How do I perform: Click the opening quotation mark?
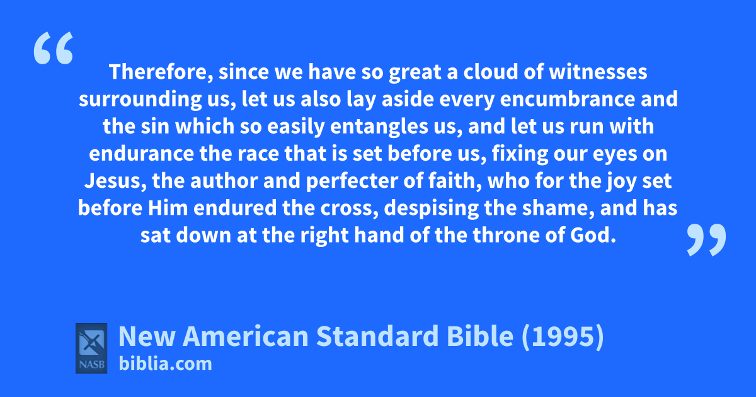(x=54, y=48)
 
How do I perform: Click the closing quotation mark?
(x=706, y=239)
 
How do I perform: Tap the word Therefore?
(x=161, y=72)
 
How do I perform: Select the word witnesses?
(x=598, y=72)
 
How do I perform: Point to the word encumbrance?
(x=567, y=99)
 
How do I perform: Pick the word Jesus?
(x=115, y=181)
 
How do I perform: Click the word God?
(x=593, y=235)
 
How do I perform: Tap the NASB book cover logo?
(x=91, y=348)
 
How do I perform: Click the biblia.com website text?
(x=165, y=364)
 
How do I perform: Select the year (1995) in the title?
(x=563, y=337)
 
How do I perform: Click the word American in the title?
(x=245, y=337)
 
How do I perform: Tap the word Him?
(x=168, y=208)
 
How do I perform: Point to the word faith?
(x=455, y=181)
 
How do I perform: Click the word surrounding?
(x=140, y=100)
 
